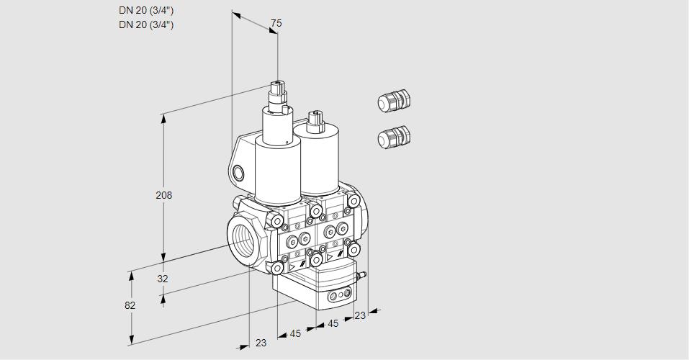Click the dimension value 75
[276, 24]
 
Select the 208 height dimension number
[165, 195]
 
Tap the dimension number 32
[163, 279]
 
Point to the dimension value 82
[130, 305]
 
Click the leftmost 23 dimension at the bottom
[261, 343]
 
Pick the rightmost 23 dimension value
[360, 315]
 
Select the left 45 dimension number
[295, 333]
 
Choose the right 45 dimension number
[333, 323]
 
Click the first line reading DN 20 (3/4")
[146, 10]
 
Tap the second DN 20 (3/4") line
[146, 24]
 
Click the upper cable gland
[393, 102]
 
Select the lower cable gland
[393, 136]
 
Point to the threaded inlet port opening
[242, 239]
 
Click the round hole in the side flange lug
[238, 173]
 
